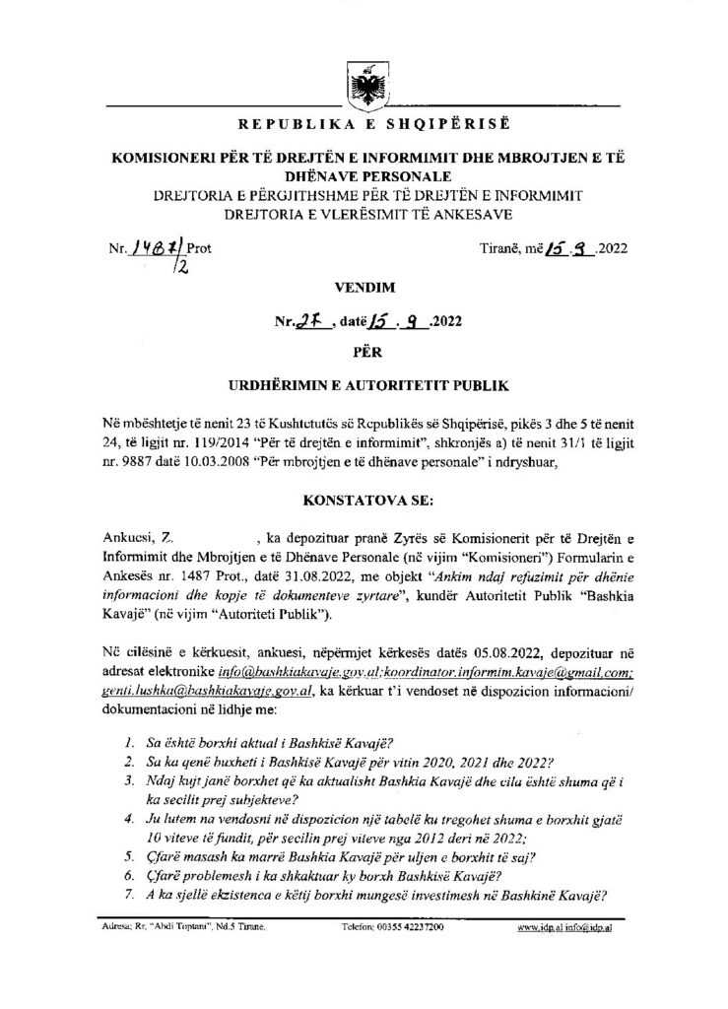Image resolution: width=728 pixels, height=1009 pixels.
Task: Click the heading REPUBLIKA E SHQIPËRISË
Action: click(363, 125)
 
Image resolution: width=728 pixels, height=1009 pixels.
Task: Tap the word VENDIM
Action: click(363, 290)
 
